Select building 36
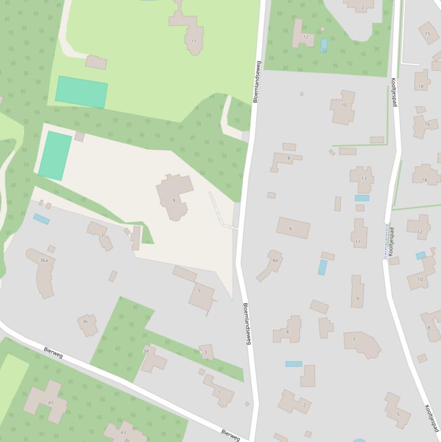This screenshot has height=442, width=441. point(87,324)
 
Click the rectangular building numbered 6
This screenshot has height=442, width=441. point(293,228)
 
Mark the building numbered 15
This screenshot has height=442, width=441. point(428,33)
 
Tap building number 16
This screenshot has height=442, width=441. point(424,125)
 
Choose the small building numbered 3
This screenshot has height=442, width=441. point(206,352)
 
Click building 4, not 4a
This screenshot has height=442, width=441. point(288,330)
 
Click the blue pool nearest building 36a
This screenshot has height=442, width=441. point(41,219)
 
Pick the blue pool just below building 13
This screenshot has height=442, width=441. point(362,198)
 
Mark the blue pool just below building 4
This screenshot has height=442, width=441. point(294,364)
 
